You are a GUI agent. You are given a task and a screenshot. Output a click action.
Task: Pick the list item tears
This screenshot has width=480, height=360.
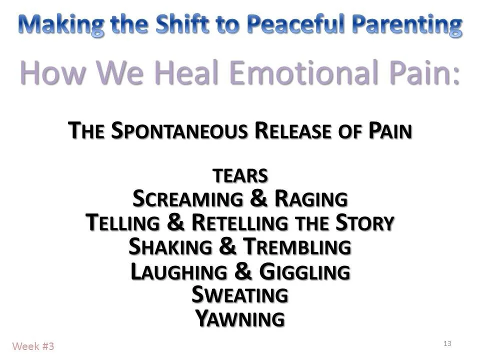tap(240, 176)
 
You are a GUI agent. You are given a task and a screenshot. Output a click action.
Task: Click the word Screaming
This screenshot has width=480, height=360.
tap(187, 199)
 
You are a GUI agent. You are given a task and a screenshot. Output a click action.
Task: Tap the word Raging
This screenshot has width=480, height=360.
tap(311, 199)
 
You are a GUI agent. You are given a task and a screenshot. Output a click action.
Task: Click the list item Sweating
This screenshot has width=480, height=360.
tap(240, 295)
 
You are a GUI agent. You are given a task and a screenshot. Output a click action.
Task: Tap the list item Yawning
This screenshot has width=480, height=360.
tap(240, 318)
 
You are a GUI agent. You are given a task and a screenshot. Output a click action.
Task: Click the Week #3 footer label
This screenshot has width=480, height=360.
tap(33, 345)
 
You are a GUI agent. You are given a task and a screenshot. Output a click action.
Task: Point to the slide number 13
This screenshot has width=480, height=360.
tap(447, 343)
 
